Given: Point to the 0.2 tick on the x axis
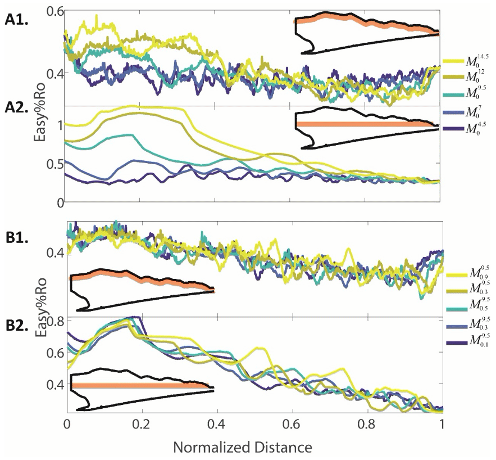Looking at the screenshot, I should (x=142, y=423).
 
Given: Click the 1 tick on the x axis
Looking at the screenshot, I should (x=443, y=423).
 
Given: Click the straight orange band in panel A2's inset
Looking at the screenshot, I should (x=365, y=124).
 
